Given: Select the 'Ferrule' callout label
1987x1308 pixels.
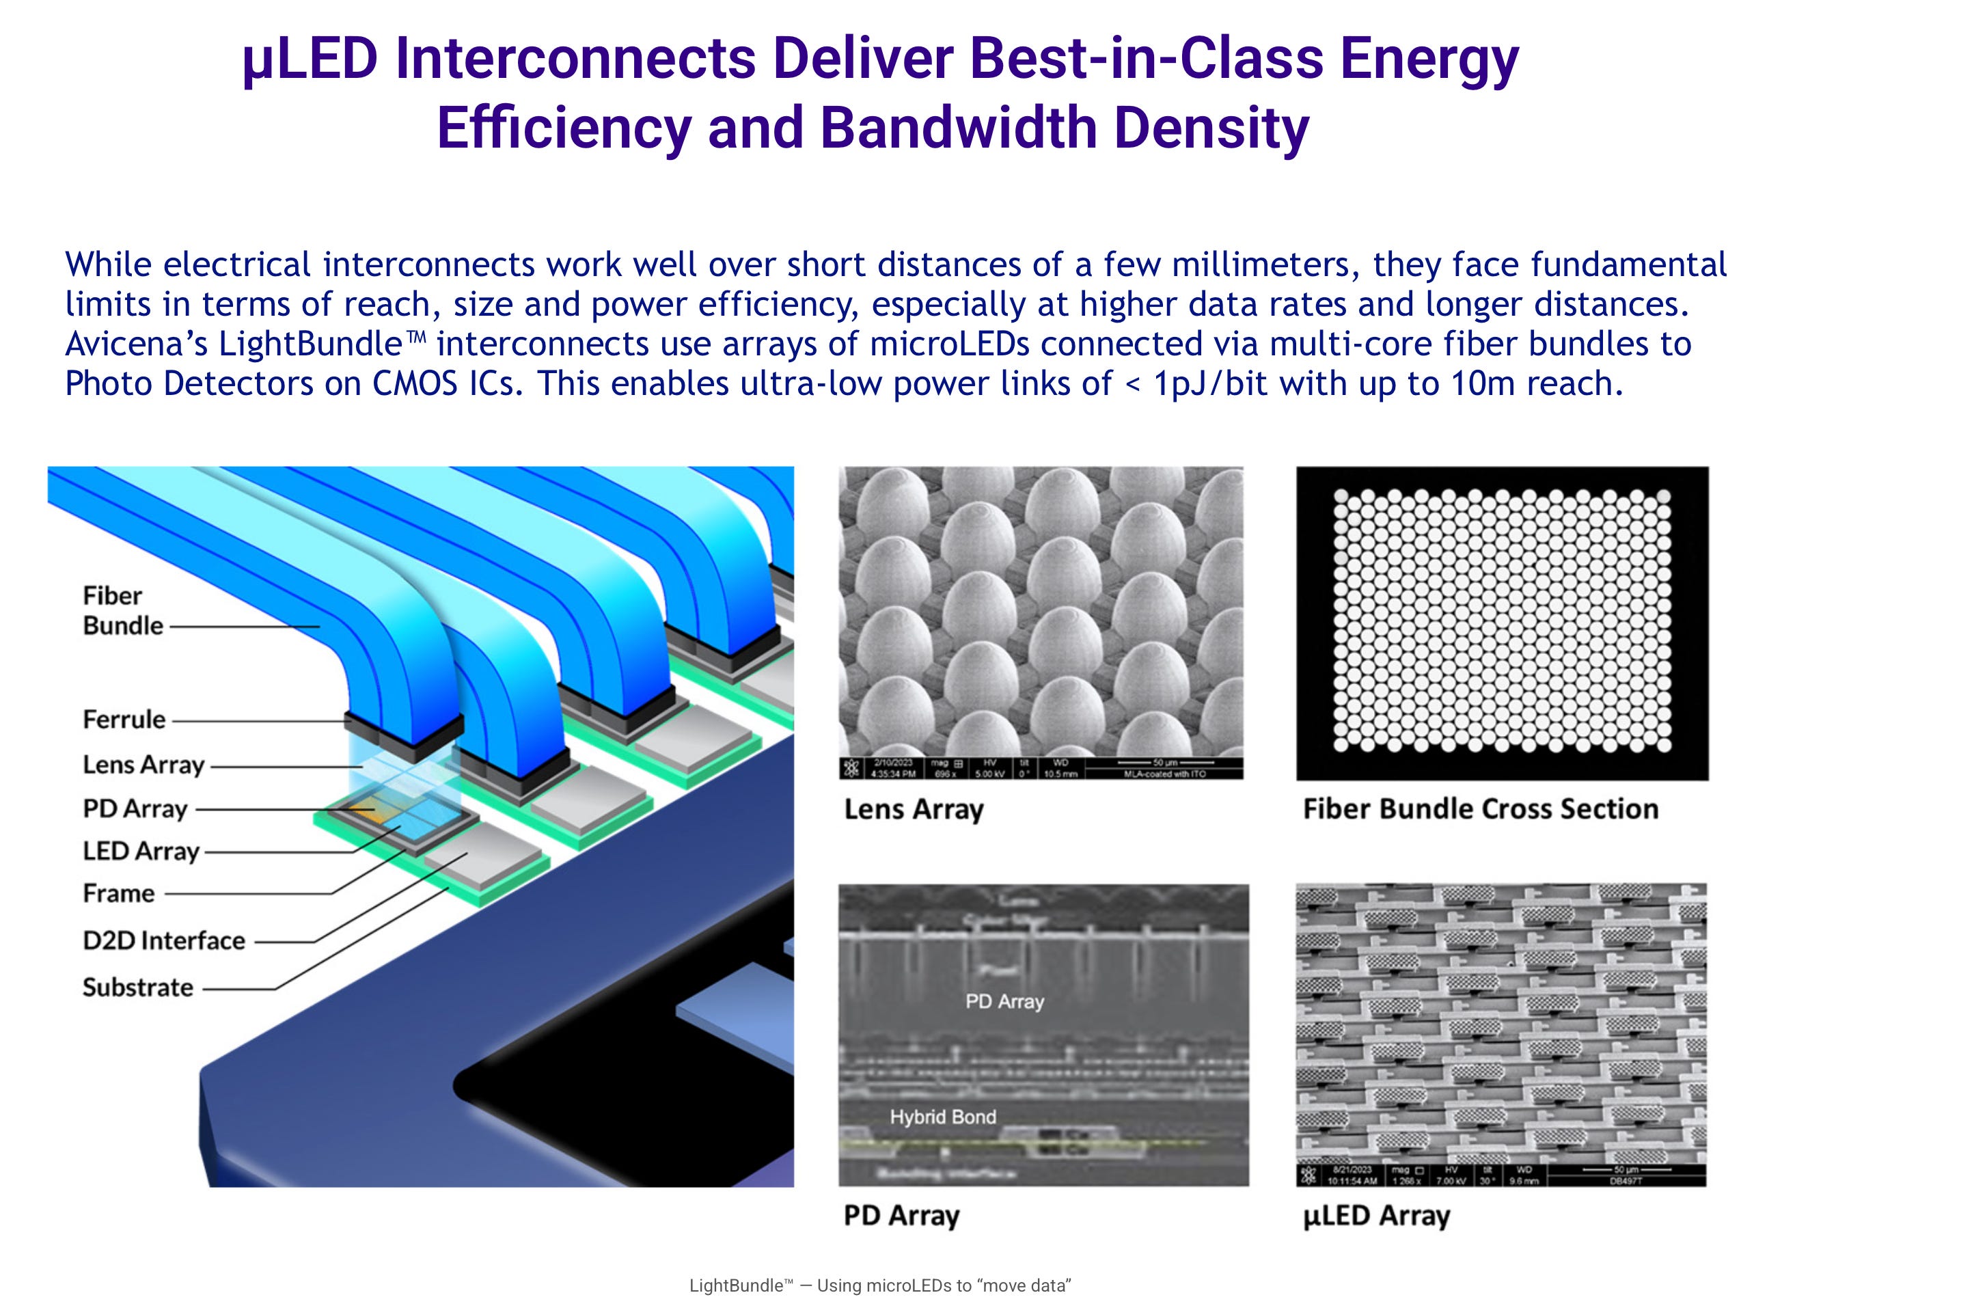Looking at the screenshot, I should (x=124, y=719).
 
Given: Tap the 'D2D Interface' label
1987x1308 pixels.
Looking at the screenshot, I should (x=163, y=940).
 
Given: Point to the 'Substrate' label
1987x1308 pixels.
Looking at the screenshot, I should (x=138, y=987).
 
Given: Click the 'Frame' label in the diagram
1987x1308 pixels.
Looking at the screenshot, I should (x=119, y=894).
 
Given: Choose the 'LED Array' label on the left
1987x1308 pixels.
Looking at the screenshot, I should (x=141, y=851).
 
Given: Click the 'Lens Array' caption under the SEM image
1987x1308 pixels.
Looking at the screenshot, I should (x=914, y=809).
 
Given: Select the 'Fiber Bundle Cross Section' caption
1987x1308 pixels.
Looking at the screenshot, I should (x=1480, y=808).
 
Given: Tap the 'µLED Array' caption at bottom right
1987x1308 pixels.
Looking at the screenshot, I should (x=1376, y=1215).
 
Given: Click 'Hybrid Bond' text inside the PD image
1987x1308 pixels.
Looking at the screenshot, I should (x=942, y=1117).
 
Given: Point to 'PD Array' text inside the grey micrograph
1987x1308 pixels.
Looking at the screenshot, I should (x=1004, y=1001).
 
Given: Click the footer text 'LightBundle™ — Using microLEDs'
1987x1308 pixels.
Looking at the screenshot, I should (x=879, y=1285).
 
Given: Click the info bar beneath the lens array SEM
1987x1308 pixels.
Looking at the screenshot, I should (x=1040, y=768).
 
